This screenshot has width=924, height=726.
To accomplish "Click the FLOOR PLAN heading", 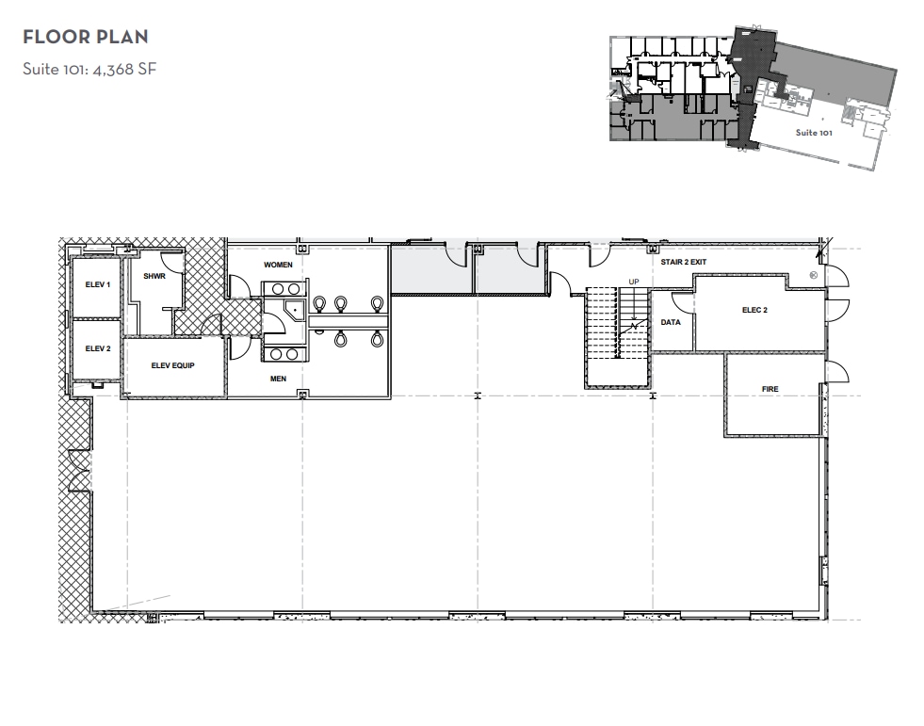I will click(86, 38).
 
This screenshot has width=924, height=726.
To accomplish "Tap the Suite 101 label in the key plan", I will click(813, 133).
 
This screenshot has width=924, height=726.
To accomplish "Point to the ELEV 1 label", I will click(98, 284).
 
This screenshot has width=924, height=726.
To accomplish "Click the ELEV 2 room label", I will click(98, 348).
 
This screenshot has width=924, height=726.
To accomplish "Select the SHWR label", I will click(154, 277).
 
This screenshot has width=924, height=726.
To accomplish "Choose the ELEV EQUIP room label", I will click(172, 365).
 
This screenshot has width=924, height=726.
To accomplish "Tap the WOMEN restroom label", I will click(278, 266).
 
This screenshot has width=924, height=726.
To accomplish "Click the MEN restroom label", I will click(278, 379).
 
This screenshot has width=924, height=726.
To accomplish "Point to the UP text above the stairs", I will click(633, 282).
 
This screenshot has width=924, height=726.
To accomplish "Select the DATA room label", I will click(671, 322).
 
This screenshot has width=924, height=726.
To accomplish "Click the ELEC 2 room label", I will click(754, 310).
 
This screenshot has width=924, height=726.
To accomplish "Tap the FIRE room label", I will click(770, 389).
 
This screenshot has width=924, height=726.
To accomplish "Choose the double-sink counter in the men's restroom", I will click(284, 353).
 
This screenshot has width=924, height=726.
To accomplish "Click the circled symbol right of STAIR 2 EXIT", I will click(813, 275).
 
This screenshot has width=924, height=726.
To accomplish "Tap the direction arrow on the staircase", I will click(633, 327).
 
